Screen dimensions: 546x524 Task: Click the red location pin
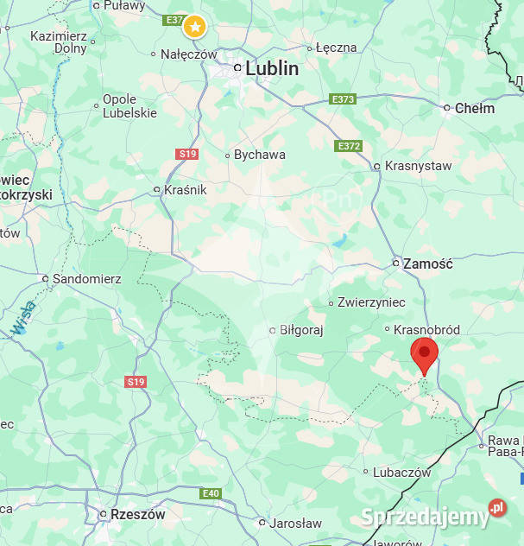point(424,353)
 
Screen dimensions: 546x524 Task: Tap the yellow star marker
point(195,27)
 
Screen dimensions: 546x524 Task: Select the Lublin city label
point(271,68)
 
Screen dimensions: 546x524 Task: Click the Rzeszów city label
point(137,514)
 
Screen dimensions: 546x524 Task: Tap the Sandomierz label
point(86,279)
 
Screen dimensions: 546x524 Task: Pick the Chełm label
point(474,108)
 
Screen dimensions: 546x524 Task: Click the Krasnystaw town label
point(418,166)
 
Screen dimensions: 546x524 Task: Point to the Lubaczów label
point(401,473)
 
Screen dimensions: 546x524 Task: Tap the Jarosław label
point(295,523)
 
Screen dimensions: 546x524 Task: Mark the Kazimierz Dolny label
point(59,42)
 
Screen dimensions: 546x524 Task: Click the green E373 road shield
point(343,99)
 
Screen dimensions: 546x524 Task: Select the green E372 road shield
point(348,146)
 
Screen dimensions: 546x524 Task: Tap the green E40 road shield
point(211,493)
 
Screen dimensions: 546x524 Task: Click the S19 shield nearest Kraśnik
point(187,154)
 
